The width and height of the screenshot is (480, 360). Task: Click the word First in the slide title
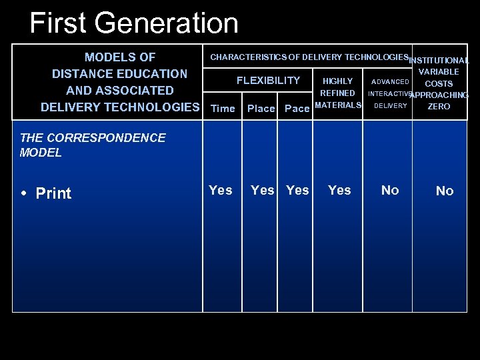click(58, 23)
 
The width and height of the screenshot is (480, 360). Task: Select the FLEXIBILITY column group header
click(268, 81)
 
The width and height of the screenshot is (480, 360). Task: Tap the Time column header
click(223, 109)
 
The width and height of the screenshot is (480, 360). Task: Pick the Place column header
click(261, 109)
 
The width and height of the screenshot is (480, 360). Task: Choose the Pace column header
click(297, 109)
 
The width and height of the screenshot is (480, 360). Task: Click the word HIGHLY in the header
click(337, 81)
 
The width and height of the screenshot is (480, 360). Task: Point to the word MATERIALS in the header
click(338, 105)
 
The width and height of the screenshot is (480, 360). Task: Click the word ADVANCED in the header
click(390, 82)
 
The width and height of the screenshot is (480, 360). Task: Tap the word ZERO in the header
click(439, 107)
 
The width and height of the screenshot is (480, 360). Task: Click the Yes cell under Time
click(221, 191)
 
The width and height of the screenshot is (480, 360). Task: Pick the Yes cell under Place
click(262, 191)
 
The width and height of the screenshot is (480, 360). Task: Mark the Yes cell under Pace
click(297, 191)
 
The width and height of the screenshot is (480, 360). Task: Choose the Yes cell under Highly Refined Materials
click(339, 191)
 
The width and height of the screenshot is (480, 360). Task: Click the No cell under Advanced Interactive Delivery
click(390, 191)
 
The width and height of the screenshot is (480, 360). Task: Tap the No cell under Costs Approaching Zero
click(445, 191)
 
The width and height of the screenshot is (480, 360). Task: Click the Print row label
click(53, 193)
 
